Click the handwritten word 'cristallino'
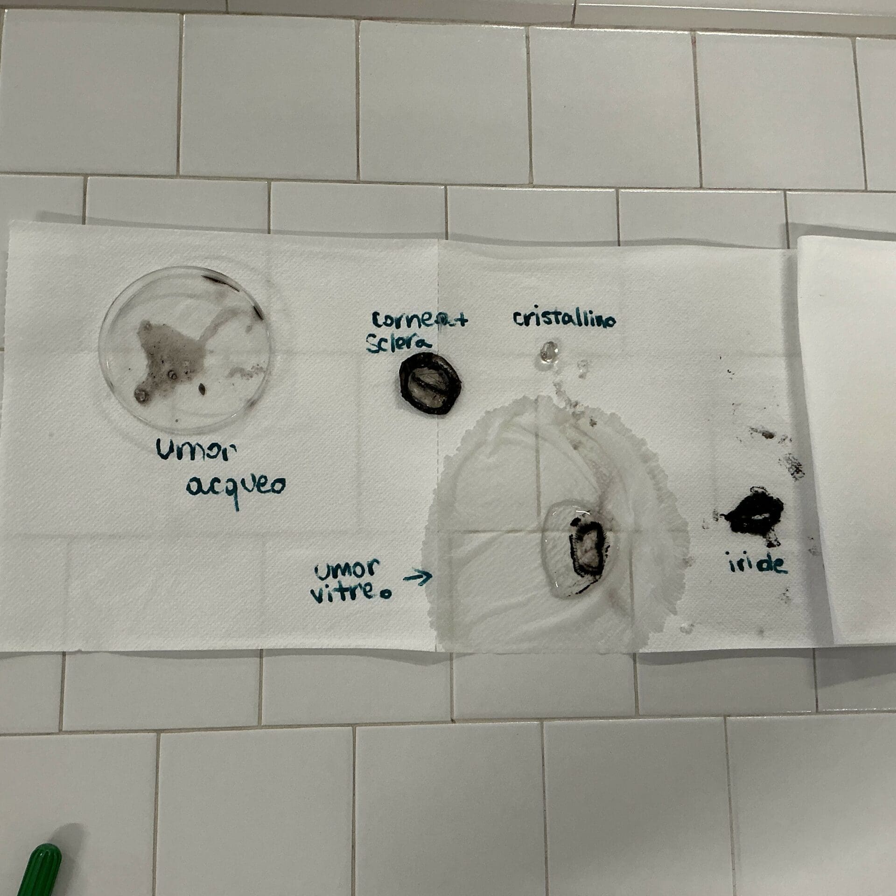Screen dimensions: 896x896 [565, 319]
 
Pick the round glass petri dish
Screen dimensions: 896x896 [185, 349]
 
